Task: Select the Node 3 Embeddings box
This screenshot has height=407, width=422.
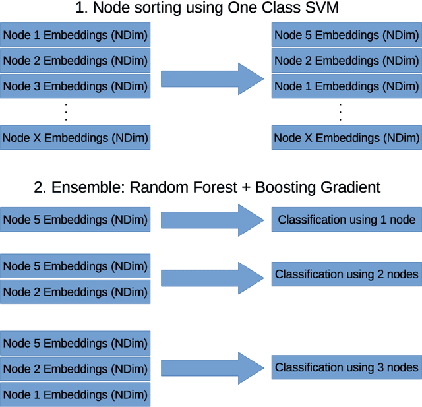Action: click(75, 86)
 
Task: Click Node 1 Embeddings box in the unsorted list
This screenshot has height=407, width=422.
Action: click(75, 35)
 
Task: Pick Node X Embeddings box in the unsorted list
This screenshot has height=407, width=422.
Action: click(75, 138)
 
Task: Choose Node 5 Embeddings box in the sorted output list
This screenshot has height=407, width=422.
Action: click(346, 35)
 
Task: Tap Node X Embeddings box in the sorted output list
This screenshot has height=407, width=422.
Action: click(346, 138)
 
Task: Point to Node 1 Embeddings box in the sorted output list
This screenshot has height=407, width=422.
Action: click(346, 86)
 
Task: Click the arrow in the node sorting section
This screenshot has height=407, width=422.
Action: click(211, 79)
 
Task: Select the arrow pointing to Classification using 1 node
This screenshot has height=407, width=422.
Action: click(211, 220)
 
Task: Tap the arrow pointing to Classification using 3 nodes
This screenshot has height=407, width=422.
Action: click(211, 367)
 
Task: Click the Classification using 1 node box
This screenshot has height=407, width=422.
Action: click(346, 220)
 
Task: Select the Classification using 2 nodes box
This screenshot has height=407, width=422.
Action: click(346, 274)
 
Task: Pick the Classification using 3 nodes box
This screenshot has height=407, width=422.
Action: click(346, 367)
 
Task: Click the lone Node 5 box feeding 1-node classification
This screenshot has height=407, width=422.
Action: click(75, 220)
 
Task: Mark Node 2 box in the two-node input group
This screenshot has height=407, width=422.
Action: click(75, 292)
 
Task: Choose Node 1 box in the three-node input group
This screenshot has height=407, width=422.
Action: click(75, 394)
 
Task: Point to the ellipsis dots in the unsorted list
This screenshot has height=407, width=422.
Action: click(66, 112)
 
